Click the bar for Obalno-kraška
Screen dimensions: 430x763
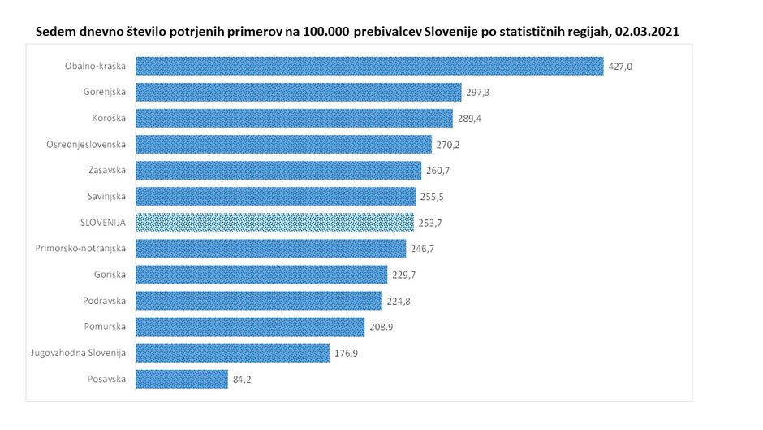pyautogui.click(x=369, y=66)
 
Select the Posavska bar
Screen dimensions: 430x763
pyautogui.click(x=182, y=379)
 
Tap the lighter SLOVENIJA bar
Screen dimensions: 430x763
pyautogui.click(x=275, y=222)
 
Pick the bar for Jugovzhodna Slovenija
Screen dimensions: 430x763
pyautogui.click(x=232, y=353)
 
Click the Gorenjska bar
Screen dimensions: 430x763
pyautogui.click(x=298, y=92)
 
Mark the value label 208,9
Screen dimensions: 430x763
pyautogui.click(x=381, y=327)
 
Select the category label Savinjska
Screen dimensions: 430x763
pyautogui.click(x=107, y=196)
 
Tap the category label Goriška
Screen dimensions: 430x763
pyautogui.click(x=110, y=274)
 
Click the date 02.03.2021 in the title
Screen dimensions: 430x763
pyautogui.click(x=646, y=31)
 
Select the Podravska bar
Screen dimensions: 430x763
pyautogui.click(x=258, y=301)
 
